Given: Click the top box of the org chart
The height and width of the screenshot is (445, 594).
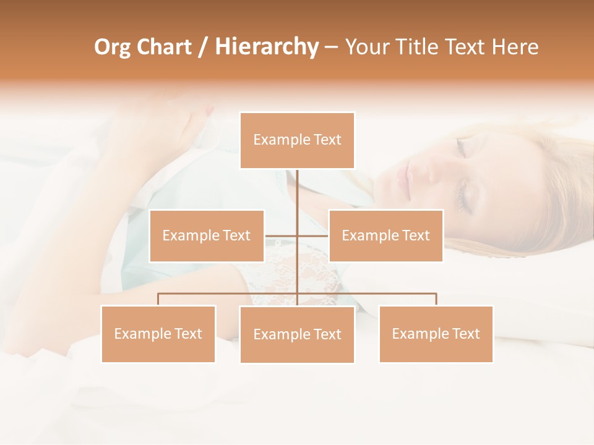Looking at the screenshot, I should pos(297,140).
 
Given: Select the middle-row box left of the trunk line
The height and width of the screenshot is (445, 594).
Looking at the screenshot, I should pos(207,235).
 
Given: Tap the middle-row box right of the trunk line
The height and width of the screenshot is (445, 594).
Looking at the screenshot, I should pos(385,235).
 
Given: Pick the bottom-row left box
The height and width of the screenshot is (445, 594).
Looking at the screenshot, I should pos(158,334).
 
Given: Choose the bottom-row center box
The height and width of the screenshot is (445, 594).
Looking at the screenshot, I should pos(297,334).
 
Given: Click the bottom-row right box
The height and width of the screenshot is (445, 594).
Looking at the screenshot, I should pos(436,334).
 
